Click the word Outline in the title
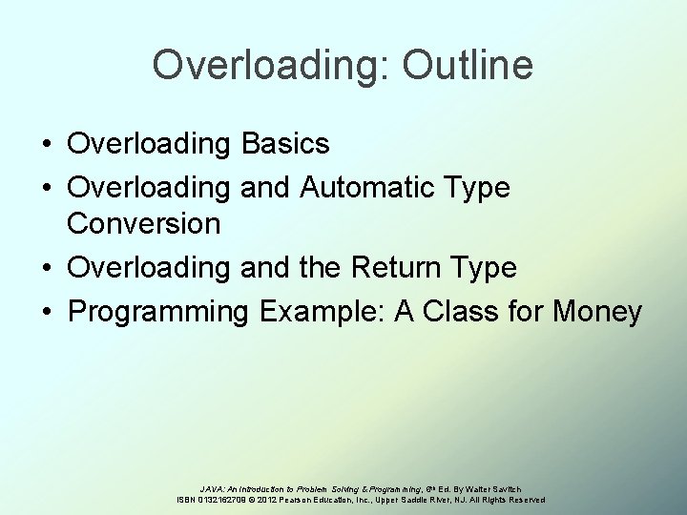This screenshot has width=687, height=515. pos(468,66)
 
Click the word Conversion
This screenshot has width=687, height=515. pos(143,226)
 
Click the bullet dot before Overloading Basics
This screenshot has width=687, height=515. pos(46,145)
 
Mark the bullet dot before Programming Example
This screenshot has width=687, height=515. pos(46,311)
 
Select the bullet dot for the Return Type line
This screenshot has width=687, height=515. pos(46,269)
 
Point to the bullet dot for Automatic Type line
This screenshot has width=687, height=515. pos(46,187)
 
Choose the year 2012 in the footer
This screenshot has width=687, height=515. pos(279,500)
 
